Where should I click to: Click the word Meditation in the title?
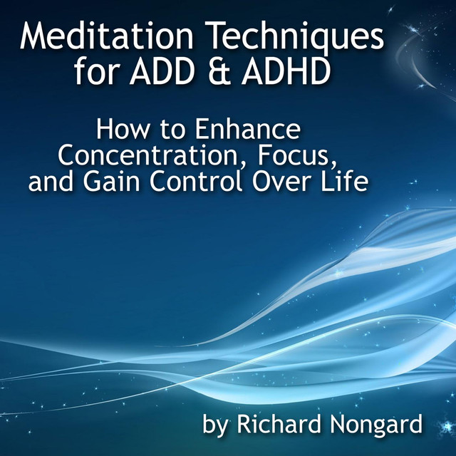[x=107, y=36]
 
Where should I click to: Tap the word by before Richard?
[x=215, y=426]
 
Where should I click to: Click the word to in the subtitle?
[x=173, y=130]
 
